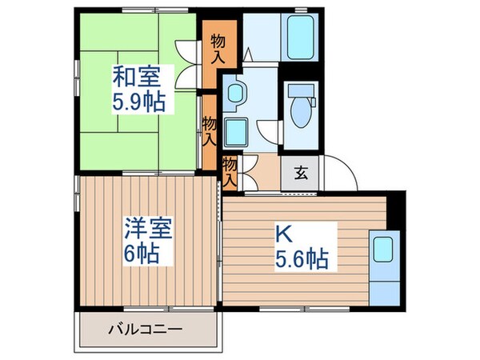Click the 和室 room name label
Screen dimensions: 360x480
pos(137,78)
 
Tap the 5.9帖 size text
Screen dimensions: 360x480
pos(137,102)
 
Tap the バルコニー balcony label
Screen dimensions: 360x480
pos(146,329)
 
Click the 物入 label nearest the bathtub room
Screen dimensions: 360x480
pos(218,48)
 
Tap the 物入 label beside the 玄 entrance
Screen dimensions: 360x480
pos(230,171)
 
